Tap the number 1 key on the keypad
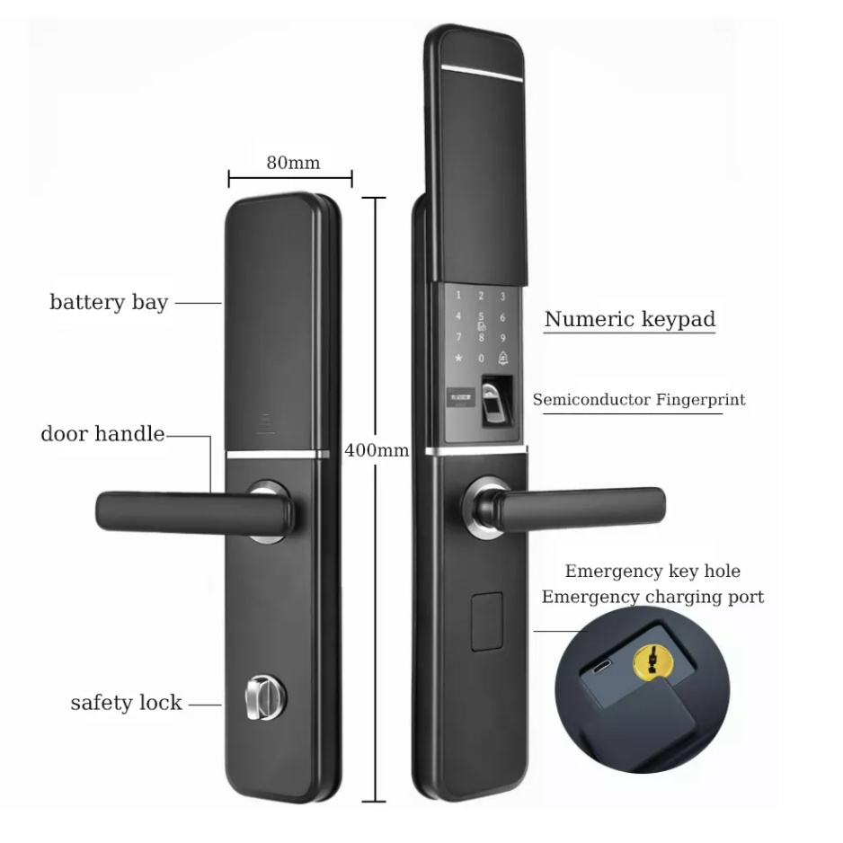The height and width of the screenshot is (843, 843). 458,295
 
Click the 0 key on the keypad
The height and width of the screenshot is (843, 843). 481,359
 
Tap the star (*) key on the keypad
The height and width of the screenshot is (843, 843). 458,359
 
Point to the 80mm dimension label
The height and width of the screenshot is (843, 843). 293,163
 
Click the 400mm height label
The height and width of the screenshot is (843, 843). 377,450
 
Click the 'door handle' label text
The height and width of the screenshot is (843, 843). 102,434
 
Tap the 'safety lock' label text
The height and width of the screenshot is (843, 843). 126,703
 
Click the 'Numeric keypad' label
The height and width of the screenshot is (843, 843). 629,319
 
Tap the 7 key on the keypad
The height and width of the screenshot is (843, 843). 458,338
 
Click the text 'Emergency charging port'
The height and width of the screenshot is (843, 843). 652,597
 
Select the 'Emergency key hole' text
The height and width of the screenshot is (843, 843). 652,572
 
